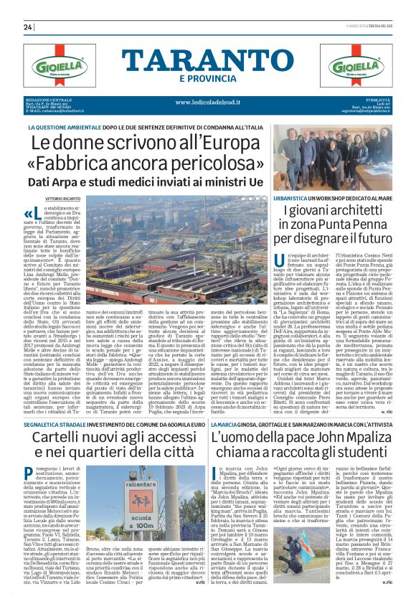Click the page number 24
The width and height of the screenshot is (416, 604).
tap(28, 27)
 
